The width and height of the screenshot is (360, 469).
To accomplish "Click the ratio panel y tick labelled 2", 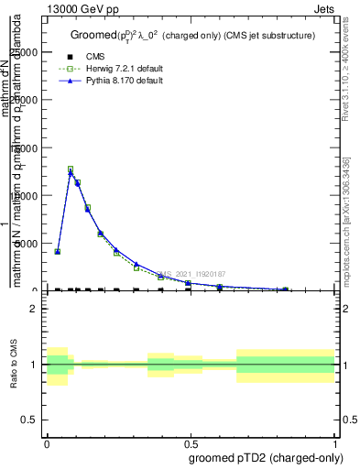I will tap(34, 309).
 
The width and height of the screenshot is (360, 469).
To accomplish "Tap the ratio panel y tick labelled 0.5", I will tap(30, 420).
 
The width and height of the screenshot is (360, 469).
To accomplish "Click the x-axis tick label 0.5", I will tap(191, 442).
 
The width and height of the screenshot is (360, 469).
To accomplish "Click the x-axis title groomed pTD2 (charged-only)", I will tap(260, 457).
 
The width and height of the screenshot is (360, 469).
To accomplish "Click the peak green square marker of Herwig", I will tap(71, 169).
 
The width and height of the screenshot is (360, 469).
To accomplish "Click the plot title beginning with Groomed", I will tap(192, 35).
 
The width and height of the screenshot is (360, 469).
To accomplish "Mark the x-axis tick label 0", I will tap(47, 442).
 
